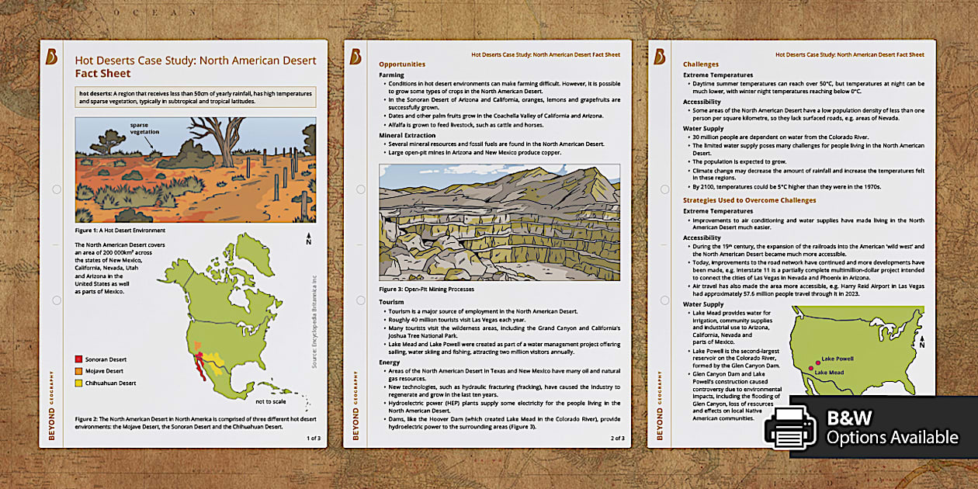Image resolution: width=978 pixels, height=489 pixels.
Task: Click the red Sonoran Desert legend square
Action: click(79, 359)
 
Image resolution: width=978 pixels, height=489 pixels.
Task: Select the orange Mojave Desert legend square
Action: click(79, 371)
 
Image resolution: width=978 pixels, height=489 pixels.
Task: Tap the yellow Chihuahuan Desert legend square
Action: click(79, 383)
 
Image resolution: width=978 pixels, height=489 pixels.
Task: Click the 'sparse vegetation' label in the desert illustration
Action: click(144, 129)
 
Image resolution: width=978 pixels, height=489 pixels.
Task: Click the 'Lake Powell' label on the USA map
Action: click(838, 359)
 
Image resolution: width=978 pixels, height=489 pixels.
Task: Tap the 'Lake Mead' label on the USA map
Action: click(829, 373)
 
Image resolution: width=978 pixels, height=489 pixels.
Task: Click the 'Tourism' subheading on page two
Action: click(393, 301)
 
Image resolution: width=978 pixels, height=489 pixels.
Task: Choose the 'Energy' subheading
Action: click(390, 362)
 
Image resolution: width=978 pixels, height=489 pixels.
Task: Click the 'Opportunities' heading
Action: click(402, 64)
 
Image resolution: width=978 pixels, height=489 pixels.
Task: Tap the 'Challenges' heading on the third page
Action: click(701, 64)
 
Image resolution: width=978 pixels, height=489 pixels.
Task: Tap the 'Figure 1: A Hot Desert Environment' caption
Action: click(120, 231)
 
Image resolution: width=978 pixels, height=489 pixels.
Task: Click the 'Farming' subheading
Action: click(392, 75)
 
